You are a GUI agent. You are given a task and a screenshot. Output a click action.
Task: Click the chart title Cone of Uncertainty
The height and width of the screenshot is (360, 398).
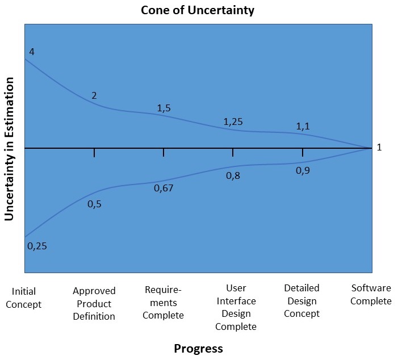click(199, 10)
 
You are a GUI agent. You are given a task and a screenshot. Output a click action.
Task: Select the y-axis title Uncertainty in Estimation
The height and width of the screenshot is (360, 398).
click(10, 149)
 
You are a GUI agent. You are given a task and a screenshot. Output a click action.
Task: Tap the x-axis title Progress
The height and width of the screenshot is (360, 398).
click(198, 348)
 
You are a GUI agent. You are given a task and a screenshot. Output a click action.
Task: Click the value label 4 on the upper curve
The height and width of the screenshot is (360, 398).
click(32, 52)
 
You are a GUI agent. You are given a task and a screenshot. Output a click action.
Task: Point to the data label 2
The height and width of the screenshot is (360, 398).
click(94, 95)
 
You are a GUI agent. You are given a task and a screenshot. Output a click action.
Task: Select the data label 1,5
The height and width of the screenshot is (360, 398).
click(164, 108)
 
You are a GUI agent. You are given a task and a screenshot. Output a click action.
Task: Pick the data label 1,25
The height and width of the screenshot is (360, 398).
click(233, 122)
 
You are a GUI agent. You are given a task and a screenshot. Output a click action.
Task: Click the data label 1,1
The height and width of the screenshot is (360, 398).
click(303, 127)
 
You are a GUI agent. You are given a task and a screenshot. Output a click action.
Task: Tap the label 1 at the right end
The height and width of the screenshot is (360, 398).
click(379, 148)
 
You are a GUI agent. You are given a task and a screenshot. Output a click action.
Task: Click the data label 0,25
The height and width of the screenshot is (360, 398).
click(37, 246)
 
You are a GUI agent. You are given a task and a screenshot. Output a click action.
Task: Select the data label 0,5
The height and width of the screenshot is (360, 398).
click(94, 203)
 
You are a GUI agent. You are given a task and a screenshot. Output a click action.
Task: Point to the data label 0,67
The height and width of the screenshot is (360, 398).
click(164, 188)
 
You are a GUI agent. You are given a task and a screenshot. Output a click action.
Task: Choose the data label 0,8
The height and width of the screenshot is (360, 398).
click(233, 176)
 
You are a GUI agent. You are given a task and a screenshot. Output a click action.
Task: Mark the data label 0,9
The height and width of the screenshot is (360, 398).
click(303, 170)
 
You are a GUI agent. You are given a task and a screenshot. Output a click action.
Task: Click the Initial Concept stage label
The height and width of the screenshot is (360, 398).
click(27, 298)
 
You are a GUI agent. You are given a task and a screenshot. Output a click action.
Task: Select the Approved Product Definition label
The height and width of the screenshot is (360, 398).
click(94, 304)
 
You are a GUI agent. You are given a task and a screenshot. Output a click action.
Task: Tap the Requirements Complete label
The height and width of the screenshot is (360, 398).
click(164, 303)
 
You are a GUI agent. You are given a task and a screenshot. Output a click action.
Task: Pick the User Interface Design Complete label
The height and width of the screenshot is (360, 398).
click(236, 307)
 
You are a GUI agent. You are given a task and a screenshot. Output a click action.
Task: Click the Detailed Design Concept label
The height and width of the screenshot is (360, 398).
click(302, 301)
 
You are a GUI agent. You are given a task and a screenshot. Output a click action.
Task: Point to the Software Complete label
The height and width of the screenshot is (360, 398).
click(371, 295)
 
